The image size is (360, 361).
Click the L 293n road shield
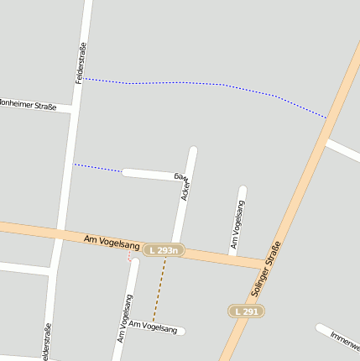pos(162,250)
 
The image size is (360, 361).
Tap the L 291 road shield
pos(247,311)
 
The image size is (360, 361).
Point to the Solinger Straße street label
pos(266,270)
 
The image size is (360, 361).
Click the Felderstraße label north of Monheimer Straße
pos(81,63)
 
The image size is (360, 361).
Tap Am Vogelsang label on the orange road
pos(112,242)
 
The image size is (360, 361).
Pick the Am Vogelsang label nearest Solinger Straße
pos(237,226)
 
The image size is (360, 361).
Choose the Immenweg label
pos(344,339)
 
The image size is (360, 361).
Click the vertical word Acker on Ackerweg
pos(186,189)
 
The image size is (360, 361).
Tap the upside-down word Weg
pos(182,177)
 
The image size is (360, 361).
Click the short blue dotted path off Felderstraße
pos(97,168)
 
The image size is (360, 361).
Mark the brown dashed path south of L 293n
pos(159,290)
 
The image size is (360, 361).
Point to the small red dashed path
pos(130,259)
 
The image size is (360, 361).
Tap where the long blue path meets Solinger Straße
pos(326,118)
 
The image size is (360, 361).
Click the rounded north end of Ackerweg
pos(193,150)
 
